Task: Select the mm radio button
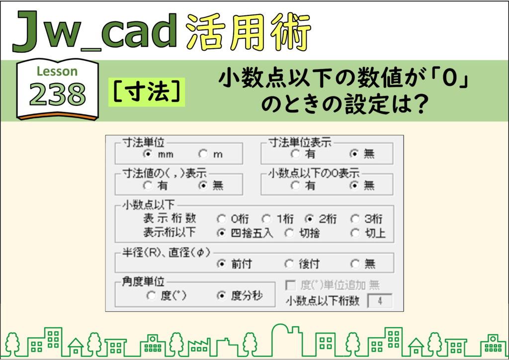(x=148, y=154)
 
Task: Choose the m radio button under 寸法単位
(x=203, y=154)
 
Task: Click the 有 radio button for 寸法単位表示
(x=295, y=154)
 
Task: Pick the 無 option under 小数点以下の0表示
(x=354, y=185)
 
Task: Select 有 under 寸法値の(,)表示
(x=148, y=185)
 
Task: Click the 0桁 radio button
(x=221, y=219)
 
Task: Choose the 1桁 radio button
(x=266, y=219)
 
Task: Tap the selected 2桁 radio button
(x=310, y=219)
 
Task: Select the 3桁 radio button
(x=355, y=219)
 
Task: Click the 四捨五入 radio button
(x=221, y=233)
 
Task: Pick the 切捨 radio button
(x=289, y=233)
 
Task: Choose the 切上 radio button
(x=355, y=233)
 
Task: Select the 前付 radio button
(x=221, y=264)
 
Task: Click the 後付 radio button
(x=289, y=264)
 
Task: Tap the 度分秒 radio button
(x=221, y=295)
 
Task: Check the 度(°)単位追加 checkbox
(x=290, y=285)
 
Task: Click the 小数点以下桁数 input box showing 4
(x=379, y=301)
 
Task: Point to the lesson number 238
(x=58, y=94)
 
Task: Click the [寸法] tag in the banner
(x=147, y=92)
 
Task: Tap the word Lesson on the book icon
(x=57, y=72)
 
